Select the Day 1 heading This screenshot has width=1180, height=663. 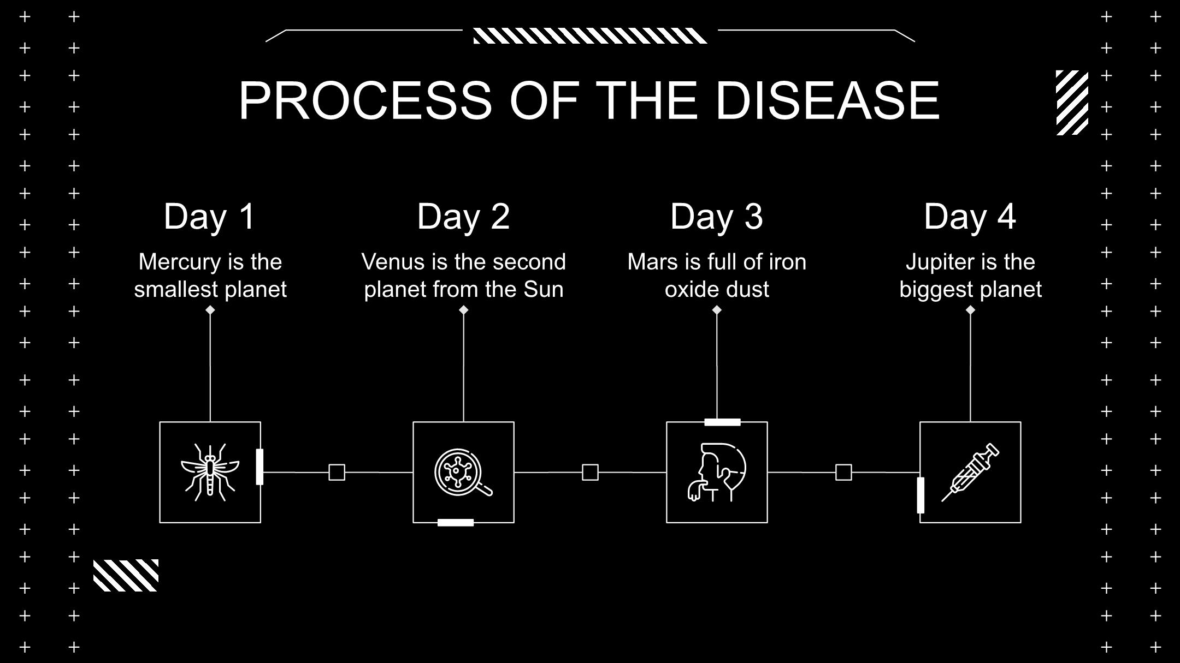click(210, 216)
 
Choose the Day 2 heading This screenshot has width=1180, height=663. click(463, 216)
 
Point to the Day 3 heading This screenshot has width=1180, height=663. click(717, 216)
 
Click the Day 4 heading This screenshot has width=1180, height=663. click(970, 216)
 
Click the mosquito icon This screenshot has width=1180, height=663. click(210, 473)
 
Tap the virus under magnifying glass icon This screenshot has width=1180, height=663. click(463, 473)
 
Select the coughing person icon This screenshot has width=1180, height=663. click(717, 473)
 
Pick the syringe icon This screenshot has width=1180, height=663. click(970, 473)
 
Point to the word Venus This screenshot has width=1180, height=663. click(393, 262)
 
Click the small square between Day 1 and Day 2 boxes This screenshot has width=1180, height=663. click(337, 473)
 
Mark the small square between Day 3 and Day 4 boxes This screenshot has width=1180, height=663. click(843, 473)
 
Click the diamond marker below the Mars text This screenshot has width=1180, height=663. click(717, 310)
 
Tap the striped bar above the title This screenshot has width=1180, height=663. click(590, 36)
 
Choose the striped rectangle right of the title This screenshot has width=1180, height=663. click(1072, 103)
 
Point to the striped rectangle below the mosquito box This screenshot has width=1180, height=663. click(126, 575)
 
